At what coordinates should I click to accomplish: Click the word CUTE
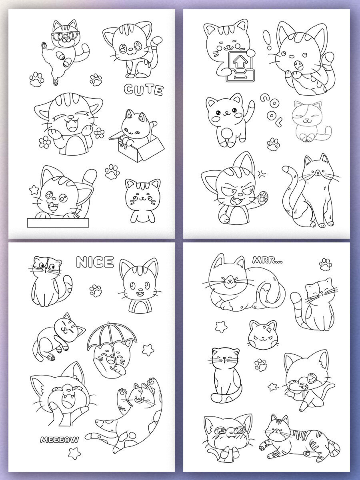[x=144, y=90]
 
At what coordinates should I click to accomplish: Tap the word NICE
[x=95, y=262]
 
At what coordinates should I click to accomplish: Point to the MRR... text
[x=267, y=260]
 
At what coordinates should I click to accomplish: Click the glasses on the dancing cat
[x=66, y=35]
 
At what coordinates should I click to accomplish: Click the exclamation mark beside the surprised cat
[x=268, y=40]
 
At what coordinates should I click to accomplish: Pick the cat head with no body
[x=263, y=334]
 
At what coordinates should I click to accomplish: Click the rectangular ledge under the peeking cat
[x=58, y=222]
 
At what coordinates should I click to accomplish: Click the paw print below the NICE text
[x=96, y=290]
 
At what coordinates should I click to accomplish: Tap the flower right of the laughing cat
[x=100, y=133]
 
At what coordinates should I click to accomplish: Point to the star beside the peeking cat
[x=34, y=190]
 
